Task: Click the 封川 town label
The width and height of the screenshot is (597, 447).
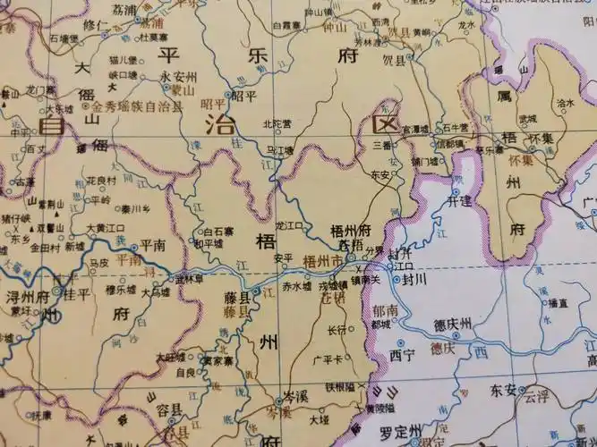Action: [x=416, y=279]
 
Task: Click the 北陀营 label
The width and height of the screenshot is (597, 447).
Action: [x=278, y=123]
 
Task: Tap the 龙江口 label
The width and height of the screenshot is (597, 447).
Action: [x=291, y=226]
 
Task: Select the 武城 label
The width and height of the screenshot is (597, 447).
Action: [x=527, y=118]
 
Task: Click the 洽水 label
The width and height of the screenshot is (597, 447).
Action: [x=565, y=103]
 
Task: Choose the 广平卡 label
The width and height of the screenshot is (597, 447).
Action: [x=328, y=358]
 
